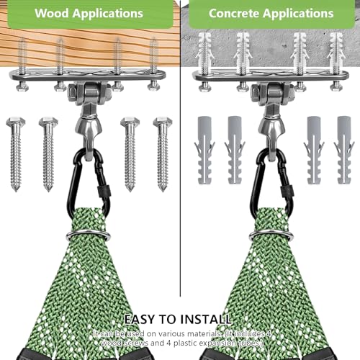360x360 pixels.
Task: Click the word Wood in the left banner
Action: click(52, 13)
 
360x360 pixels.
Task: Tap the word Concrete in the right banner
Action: click(234, 14)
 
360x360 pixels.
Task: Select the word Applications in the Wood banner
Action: click(108, 14)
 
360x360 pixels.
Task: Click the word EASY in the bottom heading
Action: click(139, 320)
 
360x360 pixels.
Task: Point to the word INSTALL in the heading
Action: click(205, 320)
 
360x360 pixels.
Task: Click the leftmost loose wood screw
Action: click(16, 154)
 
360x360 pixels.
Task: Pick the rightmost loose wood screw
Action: click(163, 154)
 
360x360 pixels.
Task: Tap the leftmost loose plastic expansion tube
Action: click(204, 150)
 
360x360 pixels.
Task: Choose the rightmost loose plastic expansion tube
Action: click(344, 150)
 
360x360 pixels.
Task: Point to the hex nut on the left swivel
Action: click(73, 92)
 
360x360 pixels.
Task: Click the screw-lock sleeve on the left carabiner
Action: click(102, 191)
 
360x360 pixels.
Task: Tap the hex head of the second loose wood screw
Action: click(48, 122)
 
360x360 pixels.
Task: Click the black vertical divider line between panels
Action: click(180, 148)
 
